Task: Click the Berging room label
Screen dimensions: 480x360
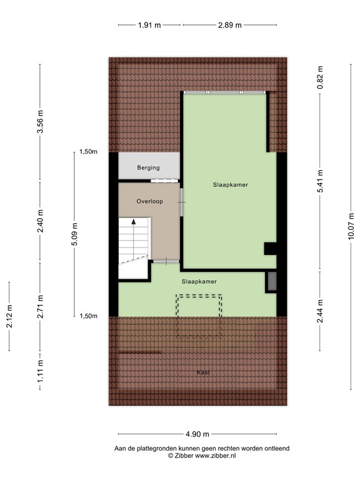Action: pos(149,167)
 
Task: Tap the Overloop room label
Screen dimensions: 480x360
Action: pos(149,201)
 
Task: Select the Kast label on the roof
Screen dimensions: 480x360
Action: pos(202,372)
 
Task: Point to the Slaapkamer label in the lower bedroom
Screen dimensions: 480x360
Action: pos(199,281)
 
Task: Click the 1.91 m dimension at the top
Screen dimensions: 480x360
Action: pos(149,25)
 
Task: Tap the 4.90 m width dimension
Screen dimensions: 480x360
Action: pos(197,434)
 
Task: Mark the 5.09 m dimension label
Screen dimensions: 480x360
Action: pos(74,235)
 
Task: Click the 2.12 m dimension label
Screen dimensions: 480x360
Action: pos(9,316)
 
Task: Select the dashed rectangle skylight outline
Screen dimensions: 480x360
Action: pos(199,316)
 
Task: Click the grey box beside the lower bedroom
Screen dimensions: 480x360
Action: pos(272,282)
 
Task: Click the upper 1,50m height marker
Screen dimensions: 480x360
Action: pos(88,152)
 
